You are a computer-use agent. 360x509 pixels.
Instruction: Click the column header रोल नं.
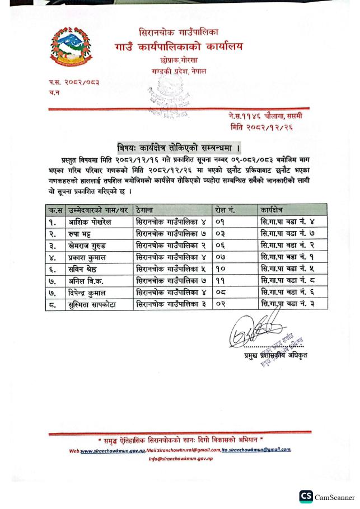pos(225,210)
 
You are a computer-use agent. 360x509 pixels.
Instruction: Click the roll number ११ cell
pos(221,281)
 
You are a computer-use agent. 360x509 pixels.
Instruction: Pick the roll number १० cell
pos(221,269)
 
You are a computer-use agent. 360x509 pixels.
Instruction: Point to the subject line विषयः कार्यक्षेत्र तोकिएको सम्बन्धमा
pos(179,148)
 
